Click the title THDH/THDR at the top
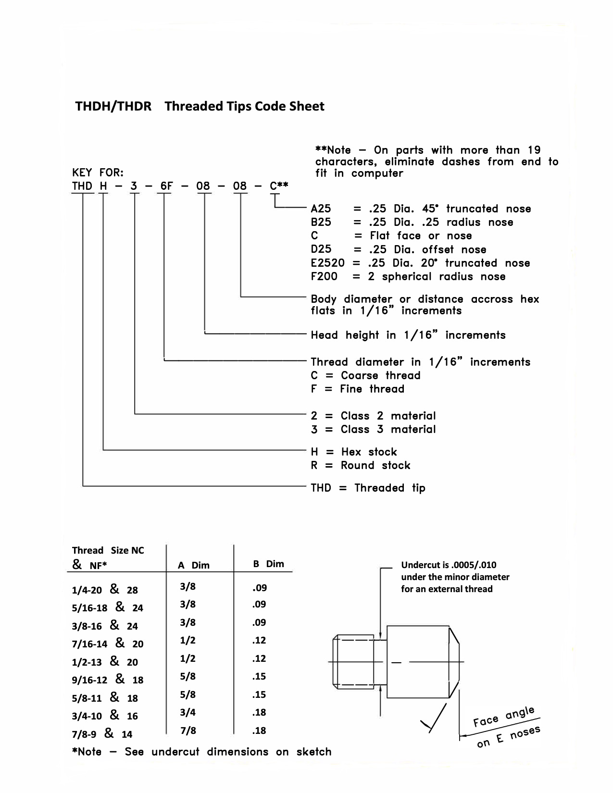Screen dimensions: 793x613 (113, 106)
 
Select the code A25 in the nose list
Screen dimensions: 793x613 (321, 209)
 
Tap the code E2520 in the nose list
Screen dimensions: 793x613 (327, 263)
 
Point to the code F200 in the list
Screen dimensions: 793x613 (324, 276)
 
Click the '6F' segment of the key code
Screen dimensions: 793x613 (166, 186)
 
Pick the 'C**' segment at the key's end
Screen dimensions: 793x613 (279, 186)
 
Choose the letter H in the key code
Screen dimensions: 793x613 (103, 186)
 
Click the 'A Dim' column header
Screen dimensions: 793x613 (193, 565)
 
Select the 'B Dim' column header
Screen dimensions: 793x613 (268, 564)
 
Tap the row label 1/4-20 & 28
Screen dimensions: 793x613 (105, 590)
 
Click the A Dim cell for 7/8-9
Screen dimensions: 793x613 (188, 731)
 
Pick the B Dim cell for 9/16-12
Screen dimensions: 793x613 (259, 677)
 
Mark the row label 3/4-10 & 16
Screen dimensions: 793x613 (105, 716)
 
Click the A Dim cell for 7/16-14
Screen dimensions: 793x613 (188, 640)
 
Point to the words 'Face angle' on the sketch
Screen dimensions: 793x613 (503, 717)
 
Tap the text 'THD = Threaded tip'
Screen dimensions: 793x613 (368, 488)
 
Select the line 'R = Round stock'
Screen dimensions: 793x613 (361, 465)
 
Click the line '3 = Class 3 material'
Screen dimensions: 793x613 (373, 429)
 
